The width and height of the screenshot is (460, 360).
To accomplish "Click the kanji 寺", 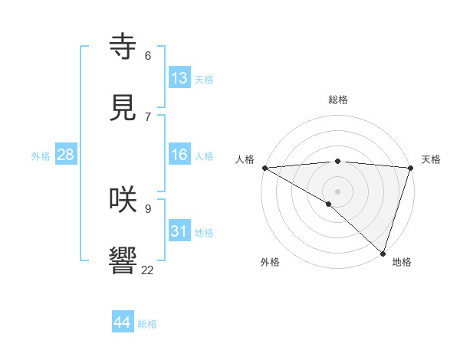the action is coord(123,46).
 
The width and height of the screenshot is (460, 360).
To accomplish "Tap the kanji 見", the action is coord(123,107).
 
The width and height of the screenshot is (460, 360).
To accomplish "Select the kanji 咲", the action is coord(123,199).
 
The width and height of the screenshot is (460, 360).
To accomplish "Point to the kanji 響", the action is coord(123,260).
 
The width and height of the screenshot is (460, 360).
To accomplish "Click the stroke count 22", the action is coord(147,270).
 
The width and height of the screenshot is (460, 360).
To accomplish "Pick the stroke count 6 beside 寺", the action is coord(148,56).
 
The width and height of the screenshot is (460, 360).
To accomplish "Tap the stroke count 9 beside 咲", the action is coord(148,209).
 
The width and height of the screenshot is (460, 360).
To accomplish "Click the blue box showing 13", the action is coord(179,78).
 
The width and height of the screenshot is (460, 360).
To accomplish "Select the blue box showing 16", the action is coord(179,155).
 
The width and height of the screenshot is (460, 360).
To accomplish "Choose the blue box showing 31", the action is coord(179,231).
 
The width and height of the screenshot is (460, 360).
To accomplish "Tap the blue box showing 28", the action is coord(66,155).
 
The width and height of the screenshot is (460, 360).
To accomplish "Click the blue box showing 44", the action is coord(123,322).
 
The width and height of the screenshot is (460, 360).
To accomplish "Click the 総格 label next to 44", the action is coord(147,324).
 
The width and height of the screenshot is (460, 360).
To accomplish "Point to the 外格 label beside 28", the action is coord(41,156).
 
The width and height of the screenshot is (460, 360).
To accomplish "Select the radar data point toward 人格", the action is coord(264,168).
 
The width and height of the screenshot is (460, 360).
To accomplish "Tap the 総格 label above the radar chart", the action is coord(337,100).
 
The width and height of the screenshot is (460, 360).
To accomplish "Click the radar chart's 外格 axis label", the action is coord(270,262).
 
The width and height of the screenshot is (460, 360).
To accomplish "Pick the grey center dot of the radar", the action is coord(337,191).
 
